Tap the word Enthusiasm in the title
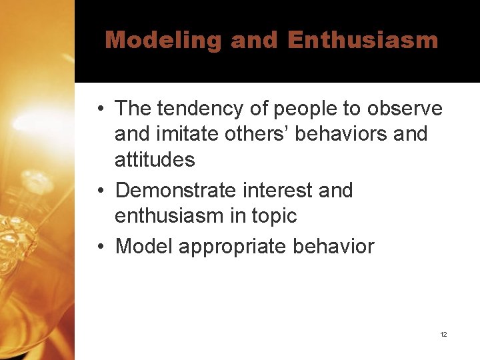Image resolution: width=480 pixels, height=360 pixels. [x=363, y=40]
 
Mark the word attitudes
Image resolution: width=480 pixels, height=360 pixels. [x=155, y=159]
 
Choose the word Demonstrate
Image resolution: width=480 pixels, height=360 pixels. [x=177, y=191]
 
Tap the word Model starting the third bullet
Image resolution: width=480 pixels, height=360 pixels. [x=144, y=247]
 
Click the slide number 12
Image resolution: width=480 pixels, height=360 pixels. [x=443, y=334]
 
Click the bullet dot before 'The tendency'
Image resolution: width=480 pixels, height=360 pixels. [x=99, y=108]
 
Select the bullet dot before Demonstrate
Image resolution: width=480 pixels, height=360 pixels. [x=99, y=191]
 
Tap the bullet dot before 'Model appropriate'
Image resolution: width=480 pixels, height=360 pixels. [x=99, y=247]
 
